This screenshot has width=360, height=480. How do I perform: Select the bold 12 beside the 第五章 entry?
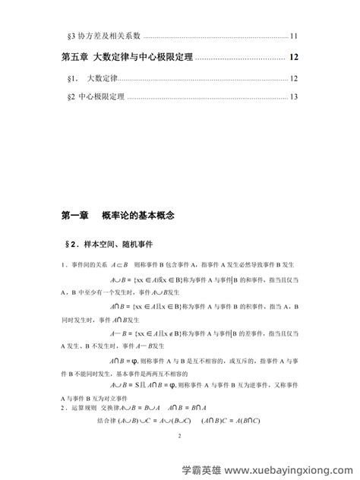(x=294, y=57)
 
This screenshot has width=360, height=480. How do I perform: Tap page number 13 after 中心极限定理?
(x=294, y=97)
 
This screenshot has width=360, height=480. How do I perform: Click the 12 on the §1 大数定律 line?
(x=294, y=79)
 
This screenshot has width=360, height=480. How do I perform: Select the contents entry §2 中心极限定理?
(x=96, y=97)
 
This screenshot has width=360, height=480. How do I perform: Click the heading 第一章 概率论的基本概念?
(x=118, y=216)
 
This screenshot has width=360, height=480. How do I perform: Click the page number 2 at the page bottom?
(x=180, y=437)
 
